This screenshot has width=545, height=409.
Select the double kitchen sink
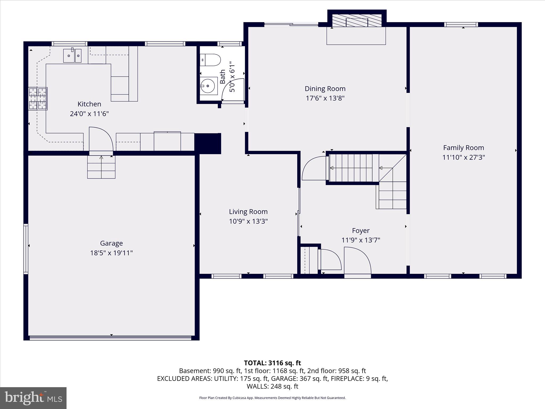tap(72, 56)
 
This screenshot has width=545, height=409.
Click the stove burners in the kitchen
tap(38, 99)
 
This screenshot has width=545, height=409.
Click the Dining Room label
tap(325, 89)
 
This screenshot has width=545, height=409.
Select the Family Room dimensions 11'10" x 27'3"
tap(464, 157)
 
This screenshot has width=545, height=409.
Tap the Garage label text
tap(111, 243)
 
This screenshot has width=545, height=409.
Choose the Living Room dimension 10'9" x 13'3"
tap(248, 221)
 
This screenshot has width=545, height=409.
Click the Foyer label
tap(361, 231)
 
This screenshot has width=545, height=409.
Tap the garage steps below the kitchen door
tap(101, 167)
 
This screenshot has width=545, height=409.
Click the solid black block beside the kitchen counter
tap(208, 144)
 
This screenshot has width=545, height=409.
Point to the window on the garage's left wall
tap(26, 249)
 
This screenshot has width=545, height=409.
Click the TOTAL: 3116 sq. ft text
tap(272, 363)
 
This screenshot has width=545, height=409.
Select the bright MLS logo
tap(33, 398)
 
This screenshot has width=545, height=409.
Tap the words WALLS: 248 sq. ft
tap(272, 386)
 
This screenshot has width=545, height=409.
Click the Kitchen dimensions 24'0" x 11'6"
tap(89, 114)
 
